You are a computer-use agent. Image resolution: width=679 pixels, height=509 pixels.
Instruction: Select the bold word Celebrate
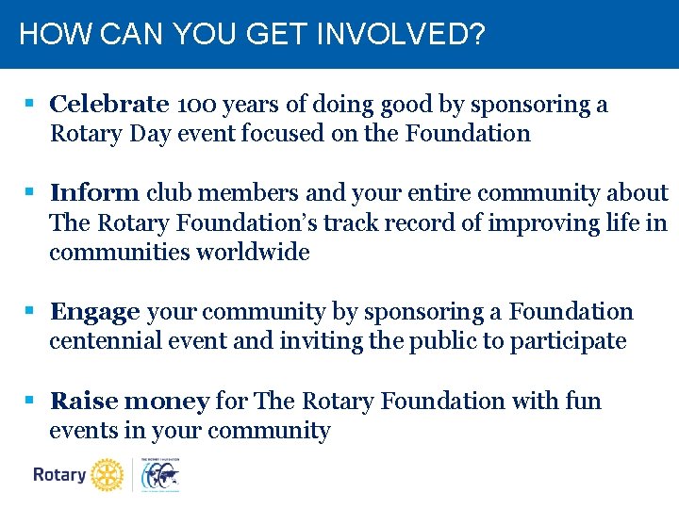109,104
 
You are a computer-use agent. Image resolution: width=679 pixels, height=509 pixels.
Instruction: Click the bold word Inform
94,193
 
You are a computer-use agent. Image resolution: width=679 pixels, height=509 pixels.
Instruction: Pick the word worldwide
253,252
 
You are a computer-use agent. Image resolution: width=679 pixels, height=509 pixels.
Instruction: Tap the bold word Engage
95,311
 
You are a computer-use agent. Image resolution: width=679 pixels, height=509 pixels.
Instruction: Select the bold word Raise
84,401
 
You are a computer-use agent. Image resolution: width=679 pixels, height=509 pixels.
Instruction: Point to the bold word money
167,401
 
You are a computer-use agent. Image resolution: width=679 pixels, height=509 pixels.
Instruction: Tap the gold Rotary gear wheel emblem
108,474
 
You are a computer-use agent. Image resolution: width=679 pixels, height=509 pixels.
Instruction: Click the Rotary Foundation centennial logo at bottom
160,474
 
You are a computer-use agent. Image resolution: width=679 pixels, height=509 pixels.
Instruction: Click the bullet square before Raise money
30,401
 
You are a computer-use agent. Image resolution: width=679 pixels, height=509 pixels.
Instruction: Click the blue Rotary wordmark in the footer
59,474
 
